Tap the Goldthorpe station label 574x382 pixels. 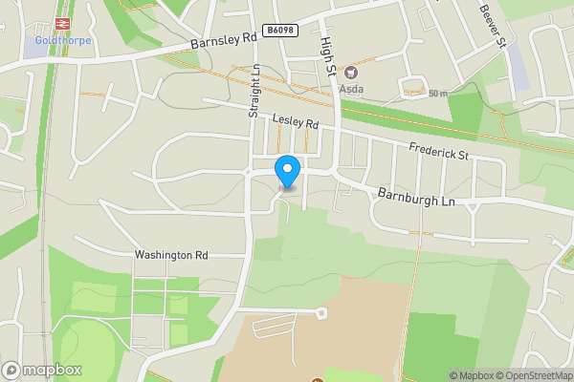62,42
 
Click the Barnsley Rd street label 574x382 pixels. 224,39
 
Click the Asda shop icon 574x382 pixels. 350,73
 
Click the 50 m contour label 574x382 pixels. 438,93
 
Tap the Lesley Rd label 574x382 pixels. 295,121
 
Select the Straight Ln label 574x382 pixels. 254,92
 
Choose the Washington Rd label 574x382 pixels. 171,255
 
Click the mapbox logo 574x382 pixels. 42,370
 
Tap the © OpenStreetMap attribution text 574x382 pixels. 533,375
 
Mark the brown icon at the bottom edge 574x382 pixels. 318,379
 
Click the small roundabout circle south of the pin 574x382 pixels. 322,311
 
